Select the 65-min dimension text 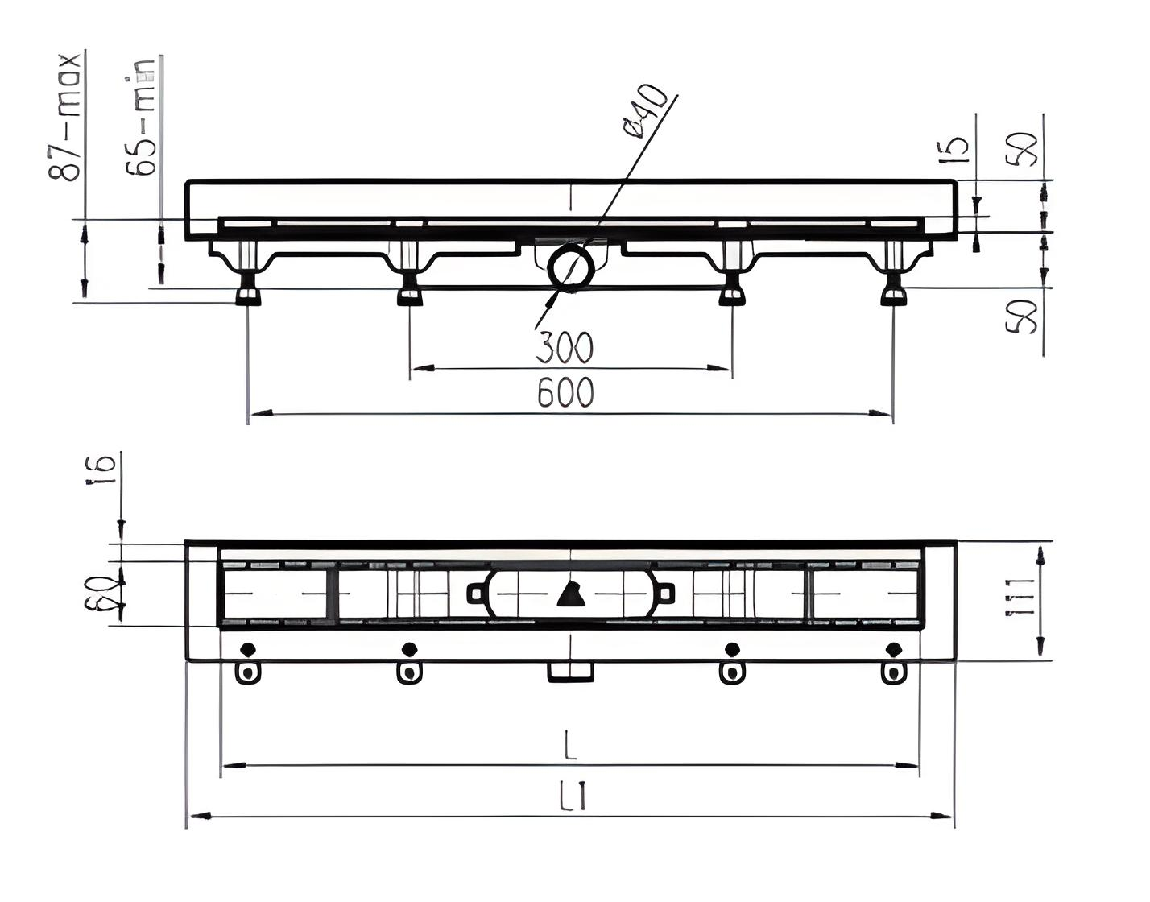141,117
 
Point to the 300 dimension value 565,348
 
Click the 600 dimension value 565,393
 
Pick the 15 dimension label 956,149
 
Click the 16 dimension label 103,468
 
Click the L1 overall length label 572,798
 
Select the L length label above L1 570,747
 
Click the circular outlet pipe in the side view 570,267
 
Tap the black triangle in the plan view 570,594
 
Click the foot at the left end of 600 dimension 248,296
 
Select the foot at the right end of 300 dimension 731,296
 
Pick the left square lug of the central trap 477,594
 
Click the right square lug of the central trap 664,594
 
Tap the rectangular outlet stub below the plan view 570,672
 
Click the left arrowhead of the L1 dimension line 198,817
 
